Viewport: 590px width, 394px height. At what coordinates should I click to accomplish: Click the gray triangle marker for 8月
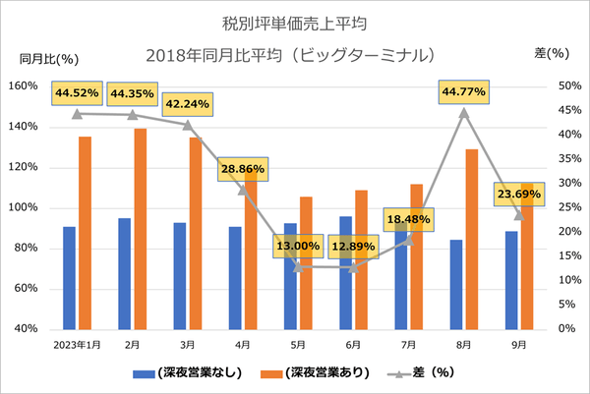tap(464, 112)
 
